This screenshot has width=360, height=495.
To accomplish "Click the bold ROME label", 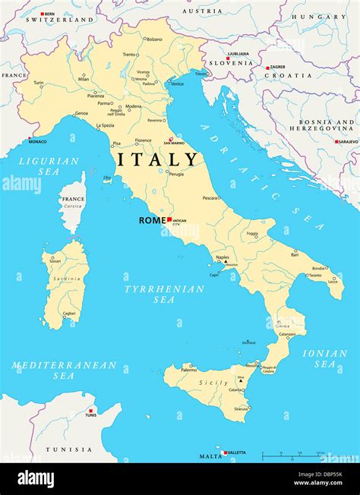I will tap(152, 220).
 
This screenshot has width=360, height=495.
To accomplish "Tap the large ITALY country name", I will tap(158, 159).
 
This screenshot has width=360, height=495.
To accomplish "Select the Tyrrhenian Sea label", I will tap(164, 294).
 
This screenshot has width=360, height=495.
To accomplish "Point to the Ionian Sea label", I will tap(324, 358).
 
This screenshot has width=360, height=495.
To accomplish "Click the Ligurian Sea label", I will tap(49, 166).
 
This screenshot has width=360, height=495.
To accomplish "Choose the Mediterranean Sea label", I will tap(64, 370).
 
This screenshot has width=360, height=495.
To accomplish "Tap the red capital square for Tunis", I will tap(90, 411).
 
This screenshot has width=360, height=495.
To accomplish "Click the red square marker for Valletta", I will tap(226, 452).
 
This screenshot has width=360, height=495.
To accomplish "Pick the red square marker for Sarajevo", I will tap(336, 141).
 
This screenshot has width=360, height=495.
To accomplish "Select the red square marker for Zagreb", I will tap(267, 68).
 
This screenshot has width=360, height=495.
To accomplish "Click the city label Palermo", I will tap(188, 370).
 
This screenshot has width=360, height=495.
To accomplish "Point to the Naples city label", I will tap(222, 258).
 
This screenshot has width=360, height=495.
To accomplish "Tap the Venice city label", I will tap(177, 84).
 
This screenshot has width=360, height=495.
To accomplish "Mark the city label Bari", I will tap(295, 254).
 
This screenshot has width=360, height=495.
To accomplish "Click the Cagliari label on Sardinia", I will tap(69, 313).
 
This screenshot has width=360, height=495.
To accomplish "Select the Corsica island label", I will tap(72, 206).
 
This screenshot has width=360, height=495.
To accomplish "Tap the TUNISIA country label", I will tap(69, 449).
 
